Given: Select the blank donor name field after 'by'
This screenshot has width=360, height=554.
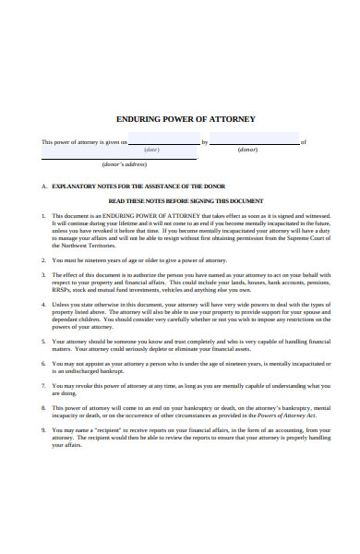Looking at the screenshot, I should pos(255,140).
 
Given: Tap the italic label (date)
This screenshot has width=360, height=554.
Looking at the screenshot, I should pos(152,150).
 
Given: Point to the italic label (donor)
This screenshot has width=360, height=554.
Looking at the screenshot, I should pos(247,150).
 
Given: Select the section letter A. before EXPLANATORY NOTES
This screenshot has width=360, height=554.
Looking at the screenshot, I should pos(43,186).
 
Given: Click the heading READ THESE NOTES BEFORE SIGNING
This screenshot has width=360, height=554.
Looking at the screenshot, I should pos(186,200).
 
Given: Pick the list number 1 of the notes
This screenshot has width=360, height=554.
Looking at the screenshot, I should pos(43,215).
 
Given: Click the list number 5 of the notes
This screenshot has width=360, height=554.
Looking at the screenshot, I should pos(43,342).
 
